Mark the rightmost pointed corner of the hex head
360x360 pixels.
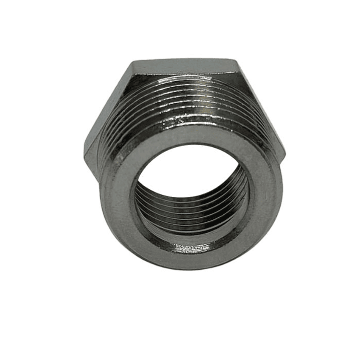(x=285, y=150)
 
